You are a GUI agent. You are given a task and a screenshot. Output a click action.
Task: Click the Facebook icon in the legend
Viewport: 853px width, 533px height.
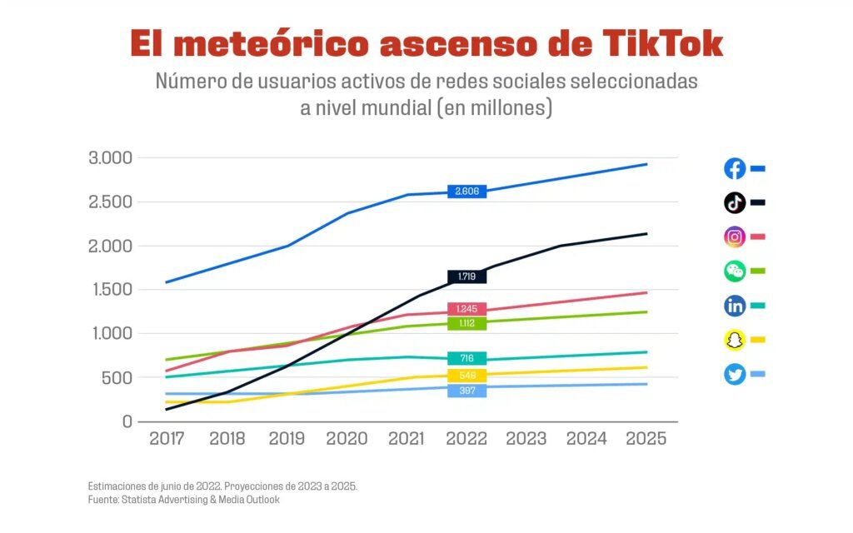[735, 169]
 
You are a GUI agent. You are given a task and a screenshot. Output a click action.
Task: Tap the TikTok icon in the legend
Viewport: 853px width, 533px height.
[735, 203]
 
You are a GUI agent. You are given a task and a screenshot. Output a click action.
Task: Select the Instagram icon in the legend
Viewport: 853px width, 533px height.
[735, 237]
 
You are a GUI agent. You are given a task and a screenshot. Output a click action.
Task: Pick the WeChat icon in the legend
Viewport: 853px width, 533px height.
[735, 271]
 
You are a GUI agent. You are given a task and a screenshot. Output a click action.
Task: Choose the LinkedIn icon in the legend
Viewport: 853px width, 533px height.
[735, 306]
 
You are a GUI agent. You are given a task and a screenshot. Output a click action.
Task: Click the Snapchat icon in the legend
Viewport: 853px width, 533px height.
[735, 340]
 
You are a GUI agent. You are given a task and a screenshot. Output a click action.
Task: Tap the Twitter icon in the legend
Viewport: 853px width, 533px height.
[735, 375]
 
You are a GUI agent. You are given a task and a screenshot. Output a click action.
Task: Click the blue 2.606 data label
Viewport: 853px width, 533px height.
[466, 192]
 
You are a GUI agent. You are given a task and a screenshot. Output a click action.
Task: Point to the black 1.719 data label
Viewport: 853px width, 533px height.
[466, 276]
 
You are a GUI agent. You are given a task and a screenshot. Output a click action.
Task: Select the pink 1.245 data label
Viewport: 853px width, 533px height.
[466, 309]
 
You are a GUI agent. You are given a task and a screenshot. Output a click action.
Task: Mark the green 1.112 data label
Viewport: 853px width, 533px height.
[466, 323]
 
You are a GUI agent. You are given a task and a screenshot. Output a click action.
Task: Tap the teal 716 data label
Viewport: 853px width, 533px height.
[466, 358]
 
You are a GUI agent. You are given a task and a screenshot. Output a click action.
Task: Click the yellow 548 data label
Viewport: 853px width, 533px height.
[466, 376]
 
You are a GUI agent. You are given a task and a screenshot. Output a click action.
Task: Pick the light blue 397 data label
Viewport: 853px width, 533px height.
[466, 391]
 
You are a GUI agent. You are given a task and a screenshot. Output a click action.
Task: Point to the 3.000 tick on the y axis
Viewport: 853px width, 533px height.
[110, 158]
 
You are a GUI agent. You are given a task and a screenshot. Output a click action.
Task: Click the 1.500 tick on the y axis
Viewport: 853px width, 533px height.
[110, 290]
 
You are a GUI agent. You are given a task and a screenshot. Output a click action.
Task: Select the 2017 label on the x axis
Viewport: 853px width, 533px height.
[167, 439]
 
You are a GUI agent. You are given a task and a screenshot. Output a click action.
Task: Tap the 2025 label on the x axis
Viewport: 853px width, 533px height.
[646, 439]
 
